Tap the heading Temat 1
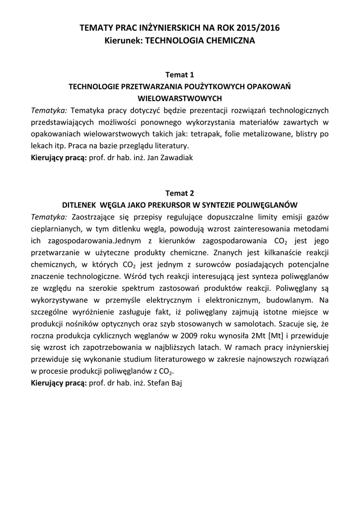179,75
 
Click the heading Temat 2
179,193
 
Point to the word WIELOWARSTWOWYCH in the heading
179,98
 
